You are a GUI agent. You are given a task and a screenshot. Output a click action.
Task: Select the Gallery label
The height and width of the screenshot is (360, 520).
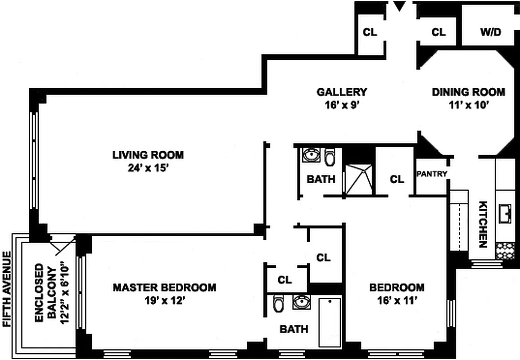point(342,92)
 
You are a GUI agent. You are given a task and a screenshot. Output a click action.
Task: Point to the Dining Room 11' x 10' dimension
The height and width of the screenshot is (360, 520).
point(468,106)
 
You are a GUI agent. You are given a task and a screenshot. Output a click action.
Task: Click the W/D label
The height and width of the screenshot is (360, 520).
point(490,32)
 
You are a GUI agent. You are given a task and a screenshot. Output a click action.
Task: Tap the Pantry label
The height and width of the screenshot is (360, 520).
point(432,174)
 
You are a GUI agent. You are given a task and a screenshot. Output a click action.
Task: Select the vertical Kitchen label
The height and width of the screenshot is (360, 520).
point(483,224)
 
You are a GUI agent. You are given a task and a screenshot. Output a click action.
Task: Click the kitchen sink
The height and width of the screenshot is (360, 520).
point(506,213)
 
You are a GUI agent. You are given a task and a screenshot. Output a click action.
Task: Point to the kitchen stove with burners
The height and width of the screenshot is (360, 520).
point(505,250)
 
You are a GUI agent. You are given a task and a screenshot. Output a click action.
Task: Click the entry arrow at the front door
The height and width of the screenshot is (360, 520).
point(399,6)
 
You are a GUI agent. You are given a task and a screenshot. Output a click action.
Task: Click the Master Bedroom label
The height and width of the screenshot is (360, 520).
point(164,287)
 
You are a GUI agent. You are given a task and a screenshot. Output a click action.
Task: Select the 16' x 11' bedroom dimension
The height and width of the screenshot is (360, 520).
point(397,301)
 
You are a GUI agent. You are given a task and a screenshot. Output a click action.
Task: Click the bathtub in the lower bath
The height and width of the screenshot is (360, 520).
point(330,321)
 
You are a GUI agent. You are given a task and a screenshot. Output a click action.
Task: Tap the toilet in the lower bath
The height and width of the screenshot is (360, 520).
point(278,305)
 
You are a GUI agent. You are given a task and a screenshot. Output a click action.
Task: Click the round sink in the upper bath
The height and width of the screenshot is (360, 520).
point(310,156)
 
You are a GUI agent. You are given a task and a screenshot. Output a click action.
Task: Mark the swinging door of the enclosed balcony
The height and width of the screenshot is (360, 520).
point(62,245)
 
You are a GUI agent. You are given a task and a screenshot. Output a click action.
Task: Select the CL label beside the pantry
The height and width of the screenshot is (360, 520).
point(397,180)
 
